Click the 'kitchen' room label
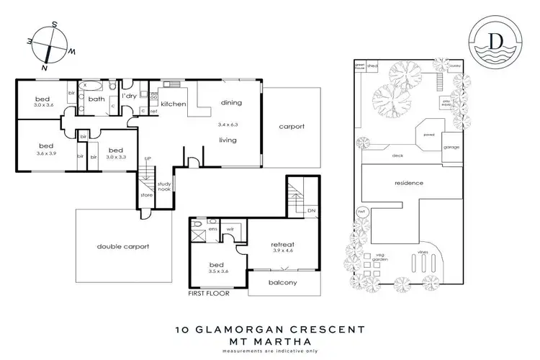click(174, 104)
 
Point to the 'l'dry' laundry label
click(130, 96)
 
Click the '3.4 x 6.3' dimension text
click(229, 125)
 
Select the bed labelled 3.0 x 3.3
click(115, 152)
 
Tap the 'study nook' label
click(163, 186)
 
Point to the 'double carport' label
click(122, 246)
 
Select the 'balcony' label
click(282, 282)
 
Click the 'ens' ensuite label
click(214, 229)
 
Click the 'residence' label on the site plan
click(408, 183)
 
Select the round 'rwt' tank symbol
click(363, 212)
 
